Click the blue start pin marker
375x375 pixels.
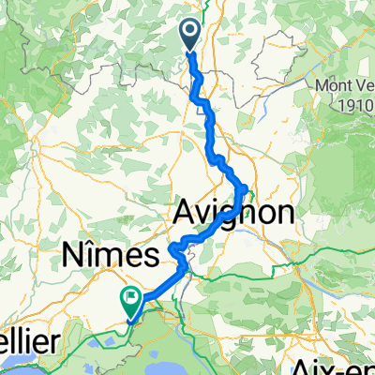tap(188, 36)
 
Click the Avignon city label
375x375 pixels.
tap(233, 214)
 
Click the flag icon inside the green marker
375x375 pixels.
tap(130, 299)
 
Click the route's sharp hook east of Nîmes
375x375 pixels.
tap(172, 249)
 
